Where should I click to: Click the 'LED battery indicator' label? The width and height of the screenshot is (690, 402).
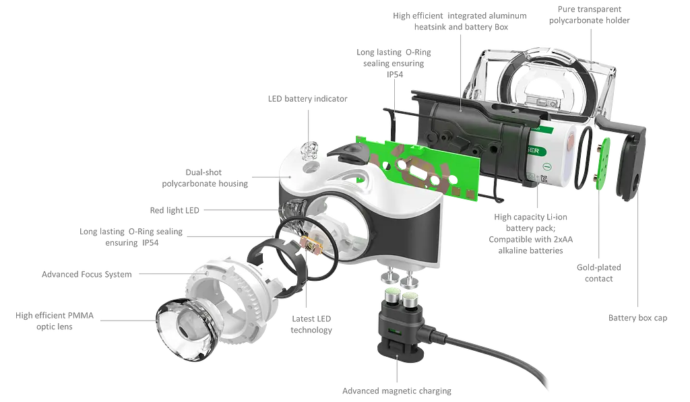[307, 99]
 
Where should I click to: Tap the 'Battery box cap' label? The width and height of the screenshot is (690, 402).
[637, 318]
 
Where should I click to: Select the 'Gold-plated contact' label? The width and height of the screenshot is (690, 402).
[599, 273]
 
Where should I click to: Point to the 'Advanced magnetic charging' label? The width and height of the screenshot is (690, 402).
[397, 391]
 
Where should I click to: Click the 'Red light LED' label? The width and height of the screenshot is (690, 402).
[175, 211]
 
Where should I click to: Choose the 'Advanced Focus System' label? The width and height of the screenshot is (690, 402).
[87, 275]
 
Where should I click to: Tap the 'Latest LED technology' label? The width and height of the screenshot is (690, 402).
[311, 325]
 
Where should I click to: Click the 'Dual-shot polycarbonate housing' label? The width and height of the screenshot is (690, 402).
[205, 178]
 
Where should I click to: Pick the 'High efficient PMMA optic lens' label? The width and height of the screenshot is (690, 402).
[55, 321]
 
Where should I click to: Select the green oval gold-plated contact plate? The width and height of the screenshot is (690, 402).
[602, 164]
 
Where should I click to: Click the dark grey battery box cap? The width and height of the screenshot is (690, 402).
[630, 162]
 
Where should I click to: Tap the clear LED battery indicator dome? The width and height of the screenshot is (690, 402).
[309, 151]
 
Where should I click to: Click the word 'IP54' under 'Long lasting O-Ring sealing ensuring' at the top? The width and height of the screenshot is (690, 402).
[395, 75]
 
